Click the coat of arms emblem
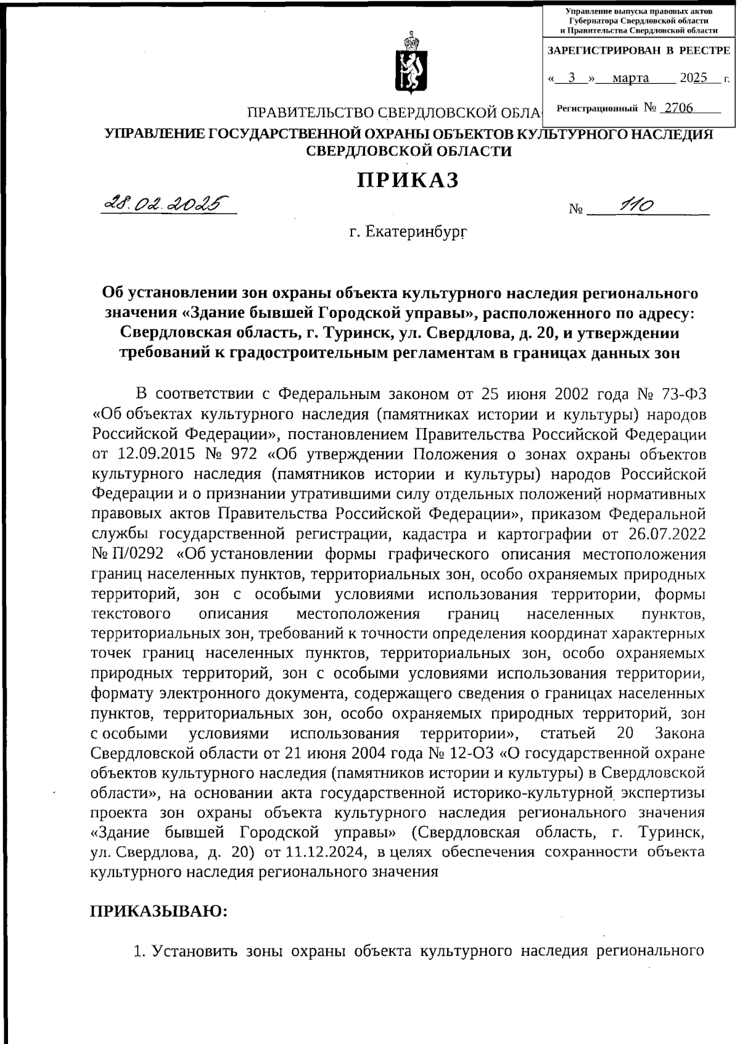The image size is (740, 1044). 407,64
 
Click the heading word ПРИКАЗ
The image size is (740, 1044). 409,180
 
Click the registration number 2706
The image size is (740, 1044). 676,109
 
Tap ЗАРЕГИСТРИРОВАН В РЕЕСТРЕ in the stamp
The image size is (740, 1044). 639,51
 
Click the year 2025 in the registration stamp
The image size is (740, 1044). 693,78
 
